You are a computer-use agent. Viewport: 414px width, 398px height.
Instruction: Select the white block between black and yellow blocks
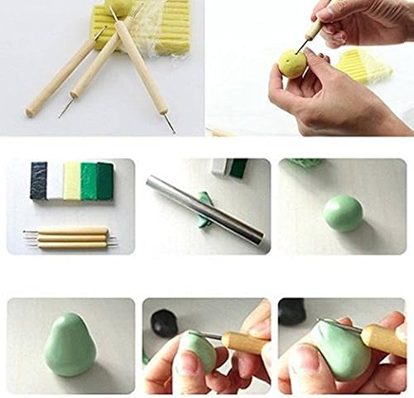click(x=55, y=180)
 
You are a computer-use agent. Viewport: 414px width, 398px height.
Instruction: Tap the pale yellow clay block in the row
click(x=72, y=181)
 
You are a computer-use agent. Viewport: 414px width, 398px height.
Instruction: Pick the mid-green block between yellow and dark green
click(x=89, y=181)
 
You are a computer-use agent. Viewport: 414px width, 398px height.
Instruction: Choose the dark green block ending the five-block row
click(x=104, y=180)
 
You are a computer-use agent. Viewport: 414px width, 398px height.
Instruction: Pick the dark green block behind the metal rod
click(x=238, y=168)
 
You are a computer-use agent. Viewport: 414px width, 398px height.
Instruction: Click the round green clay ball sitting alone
click(x=343, y=213)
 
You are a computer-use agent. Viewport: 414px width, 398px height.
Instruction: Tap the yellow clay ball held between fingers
click(x=292, y=64)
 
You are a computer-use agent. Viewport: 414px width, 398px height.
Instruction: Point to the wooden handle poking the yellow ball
click(x=314, y=30)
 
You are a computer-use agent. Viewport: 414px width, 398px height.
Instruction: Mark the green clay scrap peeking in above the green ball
click(x=307, y=163)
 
